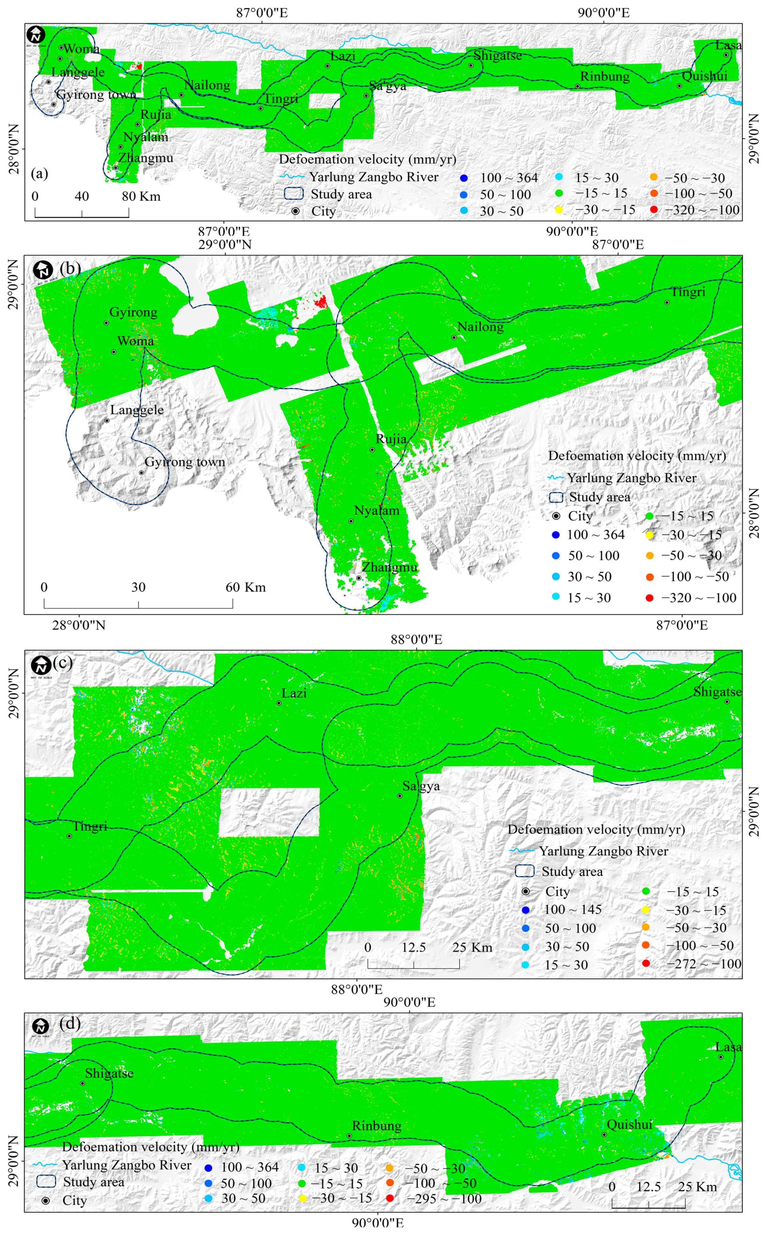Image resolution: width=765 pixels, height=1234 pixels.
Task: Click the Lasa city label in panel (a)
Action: [729, 45]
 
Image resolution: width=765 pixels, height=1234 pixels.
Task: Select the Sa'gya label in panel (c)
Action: [421, 786]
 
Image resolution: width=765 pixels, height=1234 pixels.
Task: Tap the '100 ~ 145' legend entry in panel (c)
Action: [572, 910]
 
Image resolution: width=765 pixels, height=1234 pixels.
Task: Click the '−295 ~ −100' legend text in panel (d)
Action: [444, 1199]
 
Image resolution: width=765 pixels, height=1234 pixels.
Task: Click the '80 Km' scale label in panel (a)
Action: [141, 197]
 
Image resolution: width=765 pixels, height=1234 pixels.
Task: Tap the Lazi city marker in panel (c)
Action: [279, 703]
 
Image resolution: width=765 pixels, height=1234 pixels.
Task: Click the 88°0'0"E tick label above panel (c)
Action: [416, 639]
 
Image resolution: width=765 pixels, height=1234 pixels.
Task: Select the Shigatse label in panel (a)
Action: [497, 56]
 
